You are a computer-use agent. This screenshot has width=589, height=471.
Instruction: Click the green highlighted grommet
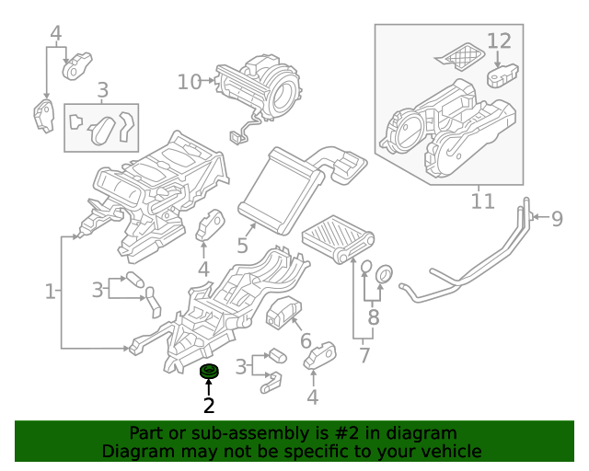210,371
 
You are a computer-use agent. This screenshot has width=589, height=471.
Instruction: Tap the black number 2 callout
209,405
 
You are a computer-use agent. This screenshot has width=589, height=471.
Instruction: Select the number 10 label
189,82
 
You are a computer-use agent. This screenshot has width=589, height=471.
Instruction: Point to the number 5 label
242,246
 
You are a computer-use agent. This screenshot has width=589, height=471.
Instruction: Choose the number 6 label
306,339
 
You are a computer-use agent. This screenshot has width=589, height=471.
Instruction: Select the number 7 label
364,353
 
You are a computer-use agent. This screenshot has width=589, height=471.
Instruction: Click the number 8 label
373,319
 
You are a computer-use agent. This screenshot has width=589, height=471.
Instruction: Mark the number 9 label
556,218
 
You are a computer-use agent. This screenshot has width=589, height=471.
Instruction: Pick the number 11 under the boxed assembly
482,200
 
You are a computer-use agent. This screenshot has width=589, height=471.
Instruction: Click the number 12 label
498,40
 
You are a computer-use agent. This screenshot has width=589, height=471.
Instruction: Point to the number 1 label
51,292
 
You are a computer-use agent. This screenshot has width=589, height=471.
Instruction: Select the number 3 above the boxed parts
102,89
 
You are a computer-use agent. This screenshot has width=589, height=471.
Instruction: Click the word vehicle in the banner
450,451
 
